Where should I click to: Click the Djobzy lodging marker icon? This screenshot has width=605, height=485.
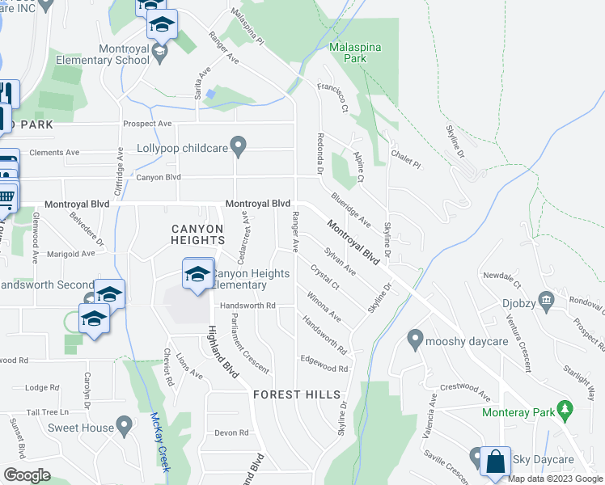(546, 302)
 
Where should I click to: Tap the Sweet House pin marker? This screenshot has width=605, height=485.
(124, 424)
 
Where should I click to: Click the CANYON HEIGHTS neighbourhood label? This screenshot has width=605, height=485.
(197, 234)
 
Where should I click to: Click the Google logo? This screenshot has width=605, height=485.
(27, 475)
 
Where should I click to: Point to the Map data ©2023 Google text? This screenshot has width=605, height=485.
(556, 479)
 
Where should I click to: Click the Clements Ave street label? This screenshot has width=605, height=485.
(54, 152)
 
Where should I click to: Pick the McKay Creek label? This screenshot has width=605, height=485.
(160, 442)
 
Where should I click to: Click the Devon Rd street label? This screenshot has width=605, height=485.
(231, 432)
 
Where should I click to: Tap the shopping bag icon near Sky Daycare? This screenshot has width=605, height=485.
(495, 462)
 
